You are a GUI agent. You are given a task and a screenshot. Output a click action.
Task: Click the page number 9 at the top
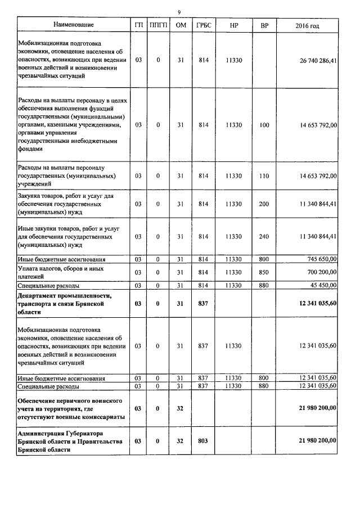point(179,12)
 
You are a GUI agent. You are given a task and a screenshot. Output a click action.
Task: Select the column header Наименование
point(73,25)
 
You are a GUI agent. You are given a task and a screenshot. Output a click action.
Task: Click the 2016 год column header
point(307,26)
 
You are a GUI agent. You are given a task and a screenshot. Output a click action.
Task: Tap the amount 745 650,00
point(319,259)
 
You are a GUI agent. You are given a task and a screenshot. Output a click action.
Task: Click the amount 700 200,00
point(319,272)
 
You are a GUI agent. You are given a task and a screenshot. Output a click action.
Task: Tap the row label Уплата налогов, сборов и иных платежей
point(59,272)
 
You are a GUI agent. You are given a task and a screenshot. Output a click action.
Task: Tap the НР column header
point(233,26)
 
